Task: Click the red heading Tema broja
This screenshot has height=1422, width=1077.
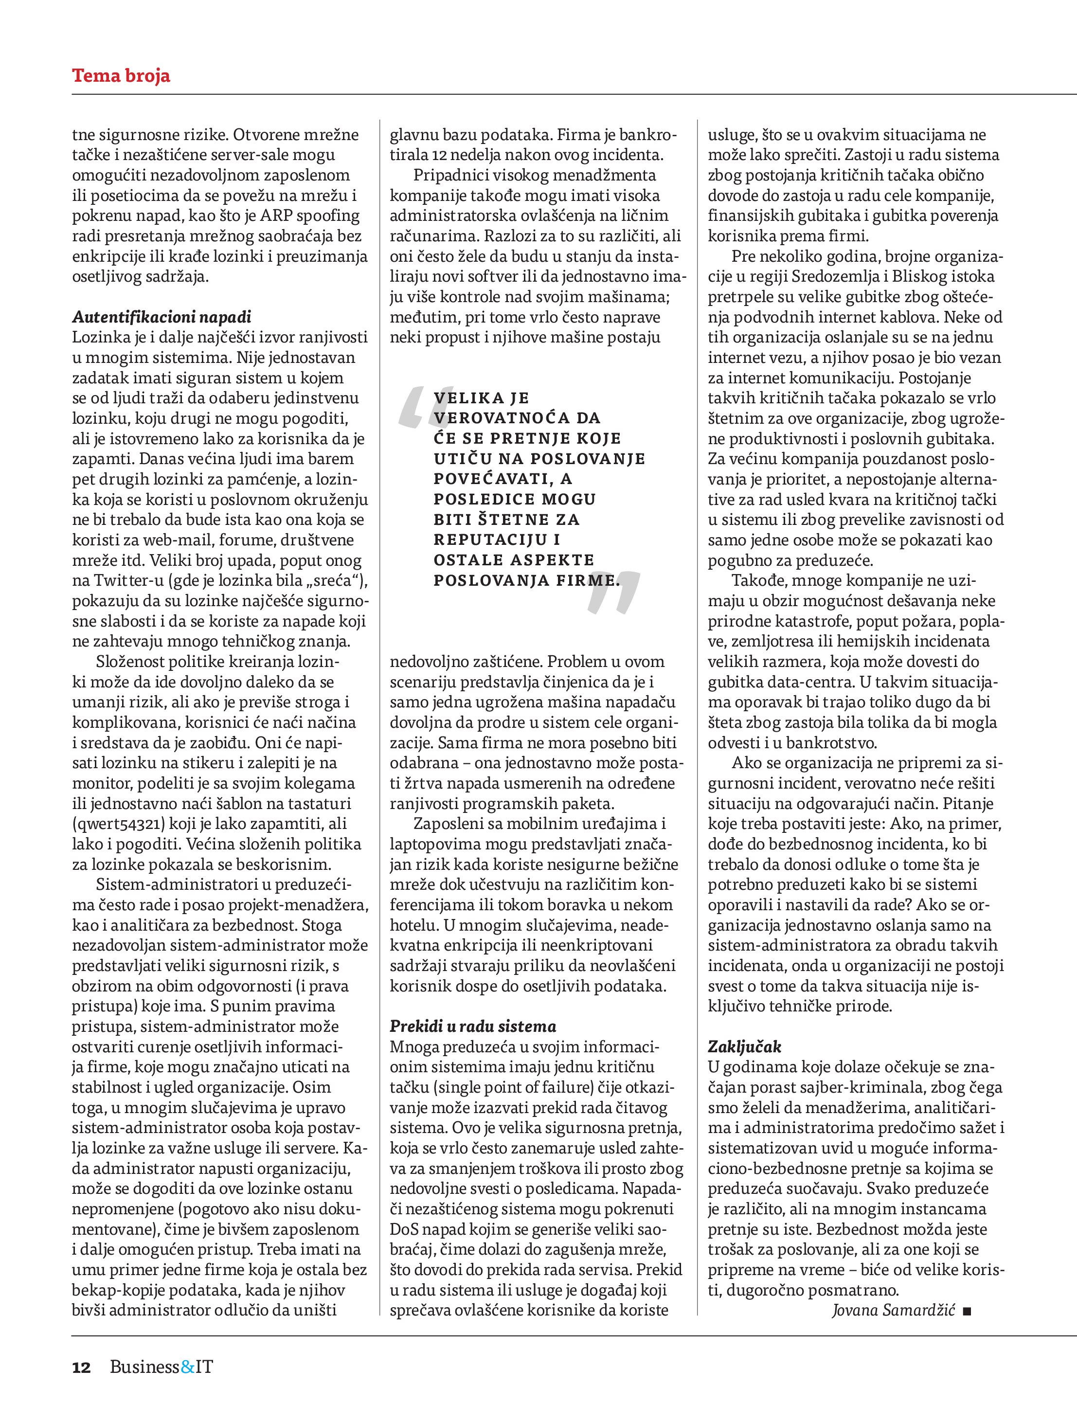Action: (x=121, y=76)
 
